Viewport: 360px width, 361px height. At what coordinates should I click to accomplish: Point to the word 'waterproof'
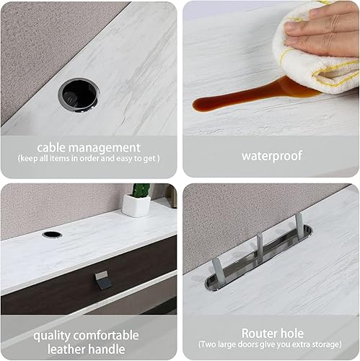pos(271,154)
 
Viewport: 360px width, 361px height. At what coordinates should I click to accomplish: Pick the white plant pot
pos(136,206)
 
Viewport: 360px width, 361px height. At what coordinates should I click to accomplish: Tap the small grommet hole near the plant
pos(52,235)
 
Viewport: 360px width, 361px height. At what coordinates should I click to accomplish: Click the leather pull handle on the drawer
pos(104,280)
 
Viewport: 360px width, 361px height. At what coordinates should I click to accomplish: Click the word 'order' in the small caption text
pos(90,158)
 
